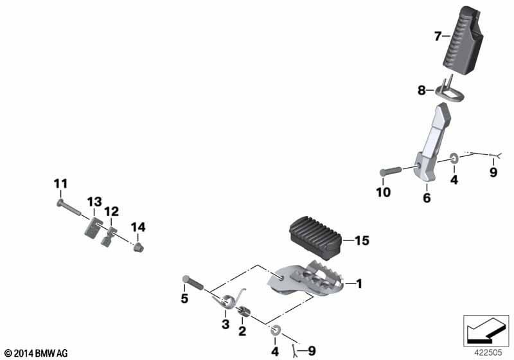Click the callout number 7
pos(438,37)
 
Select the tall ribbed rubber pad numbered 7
pos(463,40)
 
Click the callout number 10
pos(383,192)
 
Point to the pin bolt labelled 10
pos(391,172)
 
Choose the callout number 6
pos(427,198)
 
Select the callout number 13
pos(94,202)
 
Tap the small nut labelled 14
pos(138,248)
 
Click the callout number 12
pos(111,212)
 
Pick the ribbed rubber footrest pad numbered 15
pos(315,236)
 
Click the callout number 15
pos(362,240)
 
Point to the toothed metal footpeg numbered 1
pos(306,279)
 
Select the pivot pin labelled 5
pos(193,283)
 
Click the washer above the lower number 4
pos(275,331)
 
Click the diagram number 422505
pos(488,353)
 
